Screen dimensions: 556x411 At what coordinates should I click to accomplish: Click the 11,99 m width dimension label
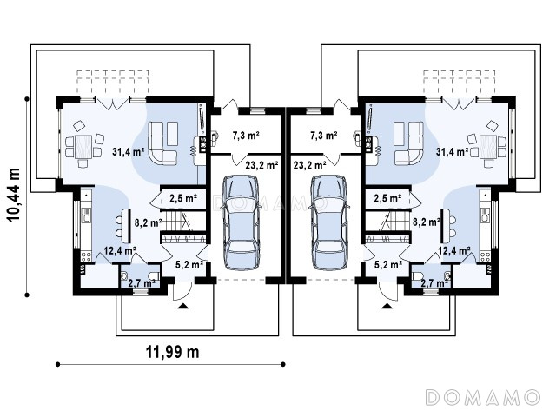[173, 352]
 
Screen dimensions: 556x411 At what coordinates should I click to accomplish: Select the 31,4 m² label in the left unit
[128, 152]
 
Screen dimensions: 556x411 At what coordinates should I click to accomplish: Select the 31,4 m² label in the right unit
[452, 152]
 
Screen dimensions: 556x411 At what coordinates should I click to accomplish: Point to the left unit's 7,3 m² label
[246, 135]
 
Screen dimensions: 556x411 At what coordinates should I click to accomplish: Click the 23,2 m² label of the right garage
[310, 165]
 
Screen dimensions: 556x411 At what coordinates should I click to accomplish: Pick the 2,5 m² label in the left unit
[183, 198]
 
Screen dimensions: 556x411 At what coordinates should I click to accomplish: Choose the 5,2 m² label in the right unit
[388, 264]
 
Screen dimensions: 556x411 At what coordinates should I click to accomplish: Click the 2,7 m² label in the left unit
[142, 283]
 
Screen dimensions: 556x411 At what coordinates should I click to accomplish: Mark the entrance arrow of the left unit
[183, 306]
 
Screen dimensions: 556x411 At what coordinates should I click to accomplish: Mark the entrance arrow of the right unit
[387, 306]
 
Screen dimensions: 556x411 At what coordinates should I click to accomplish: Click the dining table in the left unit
[83, 146]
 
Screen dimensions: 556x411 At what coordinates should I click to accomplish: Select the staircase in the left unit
[183, 221]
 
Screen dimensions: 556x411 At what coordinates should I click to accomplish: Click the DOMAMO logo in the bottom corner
[483, 397]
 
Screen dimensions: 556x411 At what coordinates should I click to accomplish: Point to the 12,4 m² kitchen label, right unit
[454, 251]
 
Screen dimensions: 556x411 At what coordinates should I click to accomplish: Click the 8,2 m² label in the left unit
[149, 223]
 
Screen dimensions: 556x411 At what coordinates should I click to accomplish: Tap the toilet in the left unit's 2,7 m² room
[153, 276]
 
